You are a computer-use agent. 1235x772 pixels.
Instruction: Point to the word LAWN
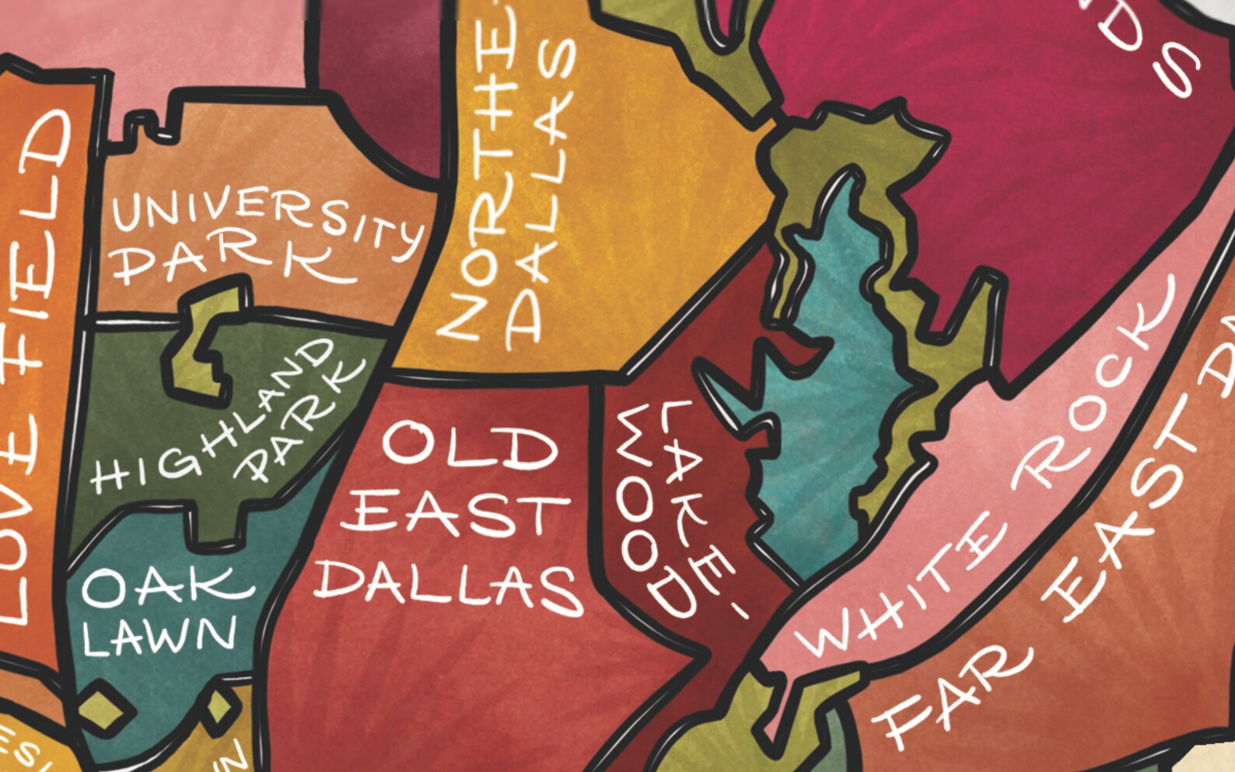[159, 636]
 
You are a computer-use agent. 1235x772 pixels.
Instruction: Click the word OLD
[469, 445]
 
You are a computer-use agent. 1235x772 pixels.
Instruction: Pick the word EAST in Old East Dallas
[455, 515]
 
